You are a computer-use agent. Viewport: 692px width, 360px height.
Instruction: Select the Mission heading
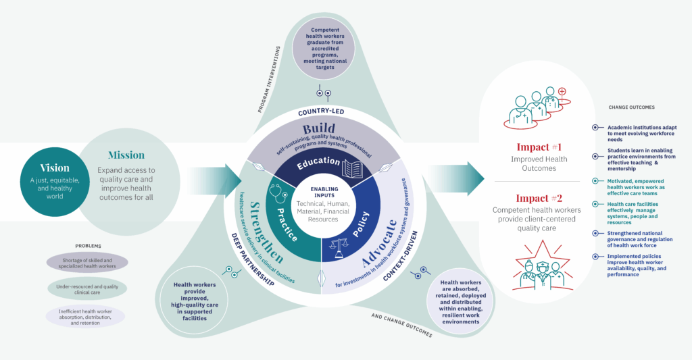[x=126, y=155]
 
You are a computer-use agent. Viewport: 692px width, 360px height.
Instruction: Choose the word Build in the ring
[x=319, y=128]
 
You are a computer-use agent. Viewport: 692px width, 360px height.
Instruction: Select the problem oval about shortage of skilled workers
[x=86, y=263]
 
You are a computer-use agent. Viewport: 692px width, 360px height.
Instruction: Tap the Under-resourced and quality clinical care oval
[x=86, y=288]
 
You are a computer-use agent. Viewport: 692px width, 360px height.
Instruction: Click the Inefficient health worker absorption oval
[x=86, y=316]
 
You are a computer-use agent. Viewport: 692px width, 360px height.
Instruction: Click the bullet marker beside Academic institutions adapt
[x=595, y=127]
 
